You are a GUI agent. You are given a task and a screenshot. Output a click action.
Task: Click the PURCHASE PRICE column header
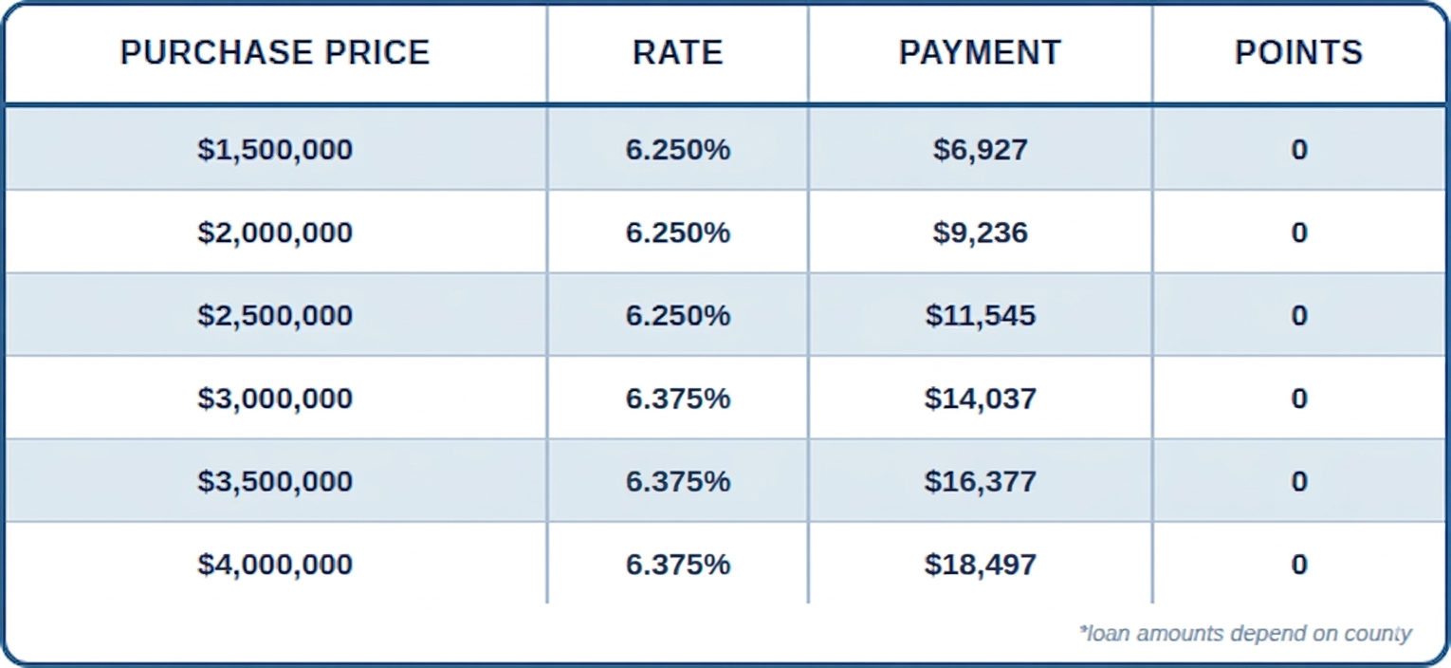coord(275,52)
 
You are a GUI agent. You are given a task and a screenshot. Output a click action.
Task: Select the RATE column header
coord(677,52)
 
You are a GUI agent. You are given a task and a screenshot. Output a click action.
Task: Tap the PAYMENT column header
coord(980,52)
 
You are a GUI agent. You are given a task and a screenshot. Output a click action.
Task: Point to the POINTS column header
coord(1298,52)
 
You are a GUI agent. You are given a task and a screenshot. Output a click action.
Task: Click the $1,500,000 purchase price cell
coord(275,150)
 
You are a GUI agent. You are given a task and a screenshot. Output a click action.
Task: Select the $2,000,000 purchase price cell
coord(275,232)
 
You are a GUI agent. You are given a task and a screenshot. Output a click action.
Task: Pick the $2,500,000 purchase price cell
coord(275,315)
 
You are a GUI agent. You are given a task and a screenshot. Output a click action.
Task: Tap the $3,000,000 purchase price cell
coord(275,399)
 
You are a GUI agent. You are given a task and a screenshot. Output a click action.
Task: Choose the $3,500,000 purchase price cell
coord(275,481)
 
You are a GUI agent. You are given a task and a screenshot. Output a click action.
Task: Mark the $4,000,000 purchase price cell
coord(275,565)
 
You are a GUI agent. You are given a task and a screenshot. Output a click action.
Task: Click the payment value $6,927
coord(980,150)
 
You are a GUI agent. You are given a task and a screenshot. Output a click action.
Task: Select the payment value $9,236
coord(980,232)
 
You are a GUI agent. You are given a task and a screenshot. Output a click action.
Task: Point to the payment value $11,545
coord(980,315)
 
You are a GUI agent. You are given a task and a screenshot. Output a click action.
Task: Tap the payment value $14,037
coord(980,399)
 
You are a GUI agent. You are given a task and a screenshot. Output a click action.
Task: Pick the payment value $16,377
coord(980,481)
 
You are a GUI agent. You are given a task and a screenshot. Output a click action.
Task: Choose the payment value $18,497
coord(980,565)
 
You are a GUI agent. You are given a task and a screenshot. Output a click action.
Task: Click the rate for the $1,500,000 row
coord(677,150)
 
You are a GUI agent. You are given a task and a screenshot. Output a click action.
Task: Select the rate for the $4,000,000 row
coord(677,565)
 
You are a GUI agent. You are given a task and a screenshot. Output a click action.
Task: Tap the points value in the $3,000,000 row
coord(1298,399)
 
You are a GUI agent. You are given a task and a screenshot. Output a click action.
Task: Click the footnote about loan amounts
coord(1245,633)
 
